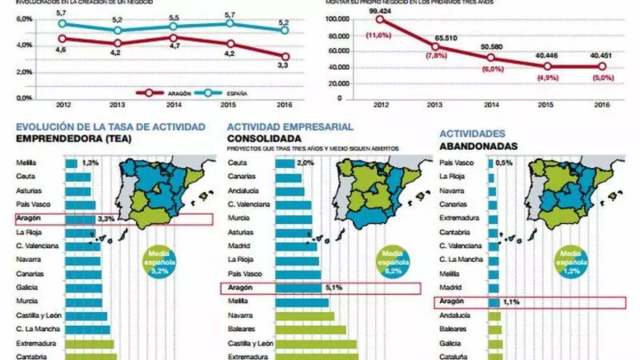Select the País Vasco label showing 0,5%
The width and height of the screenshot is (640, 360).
coord(458,163)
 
